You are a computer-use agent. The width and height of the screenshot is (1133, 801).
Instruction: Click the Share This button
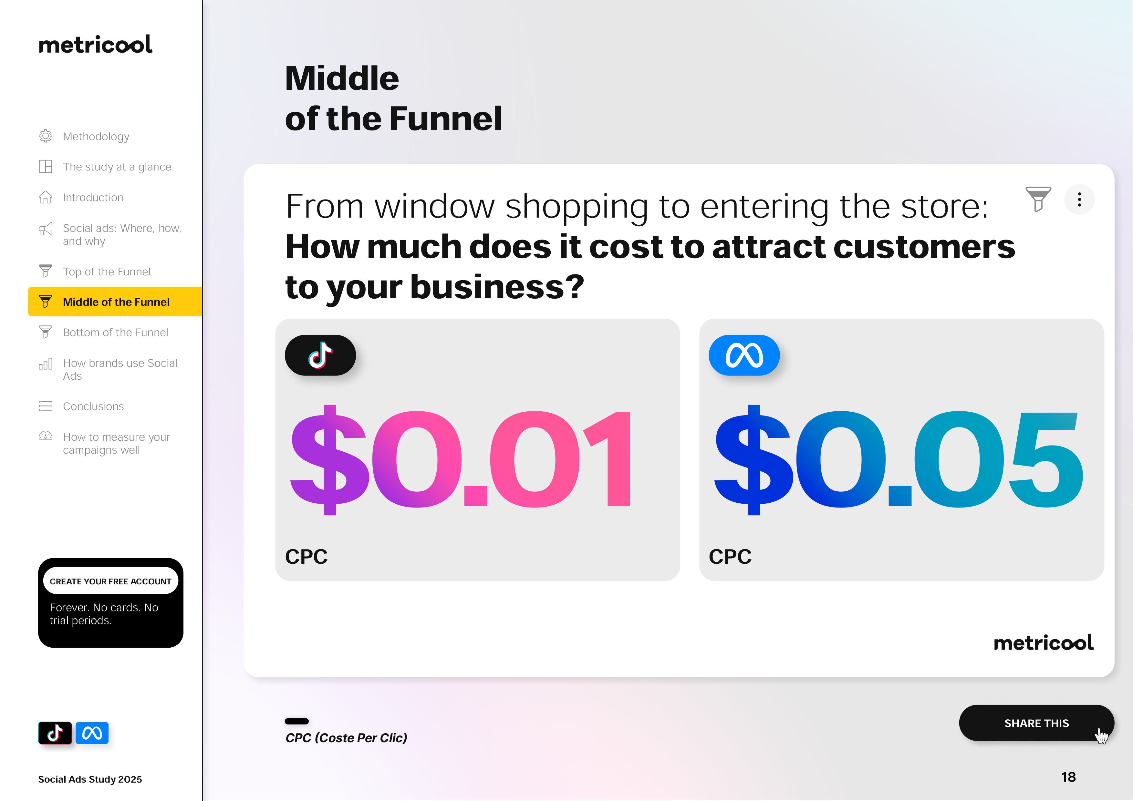tap(1036, 723)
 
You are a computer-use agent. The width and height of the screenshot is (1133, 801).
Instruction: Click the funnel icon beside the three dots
tap(1038, 199)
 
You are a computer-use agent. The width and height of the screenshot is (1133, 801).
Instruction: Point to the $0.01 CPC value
tap(461, 460)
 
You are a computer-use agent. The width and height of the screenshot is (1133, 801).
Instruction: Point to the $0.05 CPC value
tap(899, 460)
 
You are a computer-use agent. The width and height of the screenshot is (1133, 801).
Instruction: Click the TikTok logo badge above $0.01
tap(320, 355)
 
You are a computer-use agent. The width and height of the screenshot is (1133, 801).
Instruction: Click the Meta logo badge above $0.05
tap(744, 355)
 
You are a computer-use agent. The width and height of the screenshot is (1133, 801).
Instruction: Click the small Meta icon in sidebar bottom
tap(92, 733)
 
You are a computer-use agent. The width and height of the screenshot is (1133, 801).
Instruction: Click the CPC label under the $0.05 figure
tap(730, 557)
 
